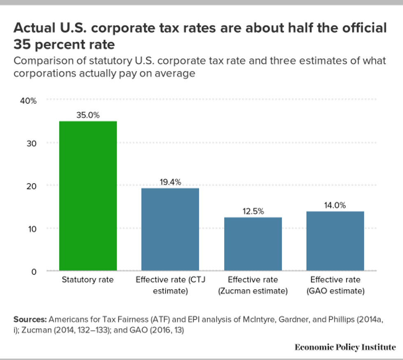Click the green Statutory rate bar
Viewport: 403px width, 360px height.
pyautogui.click(x=88, y=196)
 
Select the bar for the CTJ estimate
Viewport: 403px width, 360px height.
pyautogui.click(x=170, y=229)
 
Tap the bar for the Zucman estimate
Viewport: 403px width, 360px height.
pyautogui.click(x=252, y=244)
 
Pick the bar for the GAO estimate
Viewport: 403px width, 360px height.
pyautogui.click(x=335, y=241)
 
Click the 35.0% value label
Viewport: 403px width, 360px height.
pyautogui.click(x=88, y=115)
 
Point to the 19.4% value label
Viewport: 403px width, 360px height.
pyautogui.click(x=170, y=182)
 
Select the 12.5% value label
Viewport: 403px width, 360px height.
pyautogui.click(x=252, y=211)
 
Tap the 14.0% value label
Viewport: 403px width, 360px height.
pyautogui.click(x=335, y=205)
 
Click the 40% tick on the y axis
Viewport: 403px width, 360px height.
pyautogui.click(x=29, y=100)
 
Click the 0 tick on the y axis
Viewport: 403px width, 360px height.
pyautogui.click(x=34, y=271)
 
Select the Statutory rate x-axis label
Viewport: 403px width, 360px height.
pyautogui.click(x=88, y=280)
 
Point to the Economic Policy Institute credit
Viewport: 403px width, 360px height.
pyautogui.click(x=345, y=347)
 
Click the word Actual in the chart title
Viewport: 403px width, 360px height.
pyautogui.click(x=34, y=28)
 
